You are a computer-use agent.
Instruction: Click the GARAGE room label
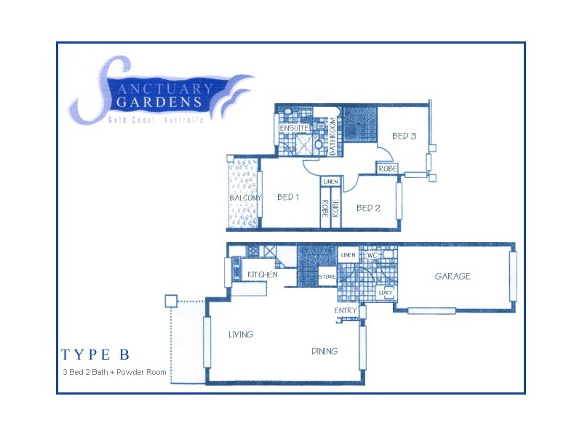pyautogui.click(x=453, y=276)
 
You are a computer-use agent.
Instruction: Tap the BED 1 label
pyautogui.click(x=288, y=197)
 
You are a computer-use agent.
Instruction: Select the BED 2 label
pyautogui.click(x=368, y=208)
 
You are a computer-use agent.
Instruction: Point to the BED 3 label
pyautogui.click(x=404, y=136)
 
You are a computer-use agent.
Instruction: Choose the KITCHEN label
pyautogui.click(x=262, y=275)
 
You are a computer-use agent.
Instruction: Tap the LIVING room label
pyautogui.click(x=240, y=335)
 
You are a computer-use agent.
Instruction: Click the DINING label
pyautogui.click(x=324, y=352)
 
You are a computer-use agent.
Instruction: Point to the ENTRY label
pyautogui.click(x=346, y=310)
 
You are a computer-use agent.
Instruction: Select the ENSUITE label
pyautogui.click(x=293, y=129)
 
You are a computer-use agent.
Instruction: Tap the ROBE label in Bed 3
pyautogui.click(x=386, y=169)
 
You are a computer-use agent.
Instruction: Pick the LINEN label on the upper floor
pyautogui.click(x=330, y=182)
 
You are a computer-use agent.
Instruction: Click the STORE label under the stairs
pyautogui.click(x=326, y=277)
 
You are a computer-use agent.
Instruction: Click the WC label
pyautogui.click(x=372, y=256)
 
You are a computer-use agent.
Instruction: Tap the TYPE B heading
pyautogui.click(x=95, y=355)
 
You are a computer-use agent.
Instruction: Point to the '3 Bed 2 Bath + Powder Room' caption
pyautogui.click(x=114, y=373)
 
